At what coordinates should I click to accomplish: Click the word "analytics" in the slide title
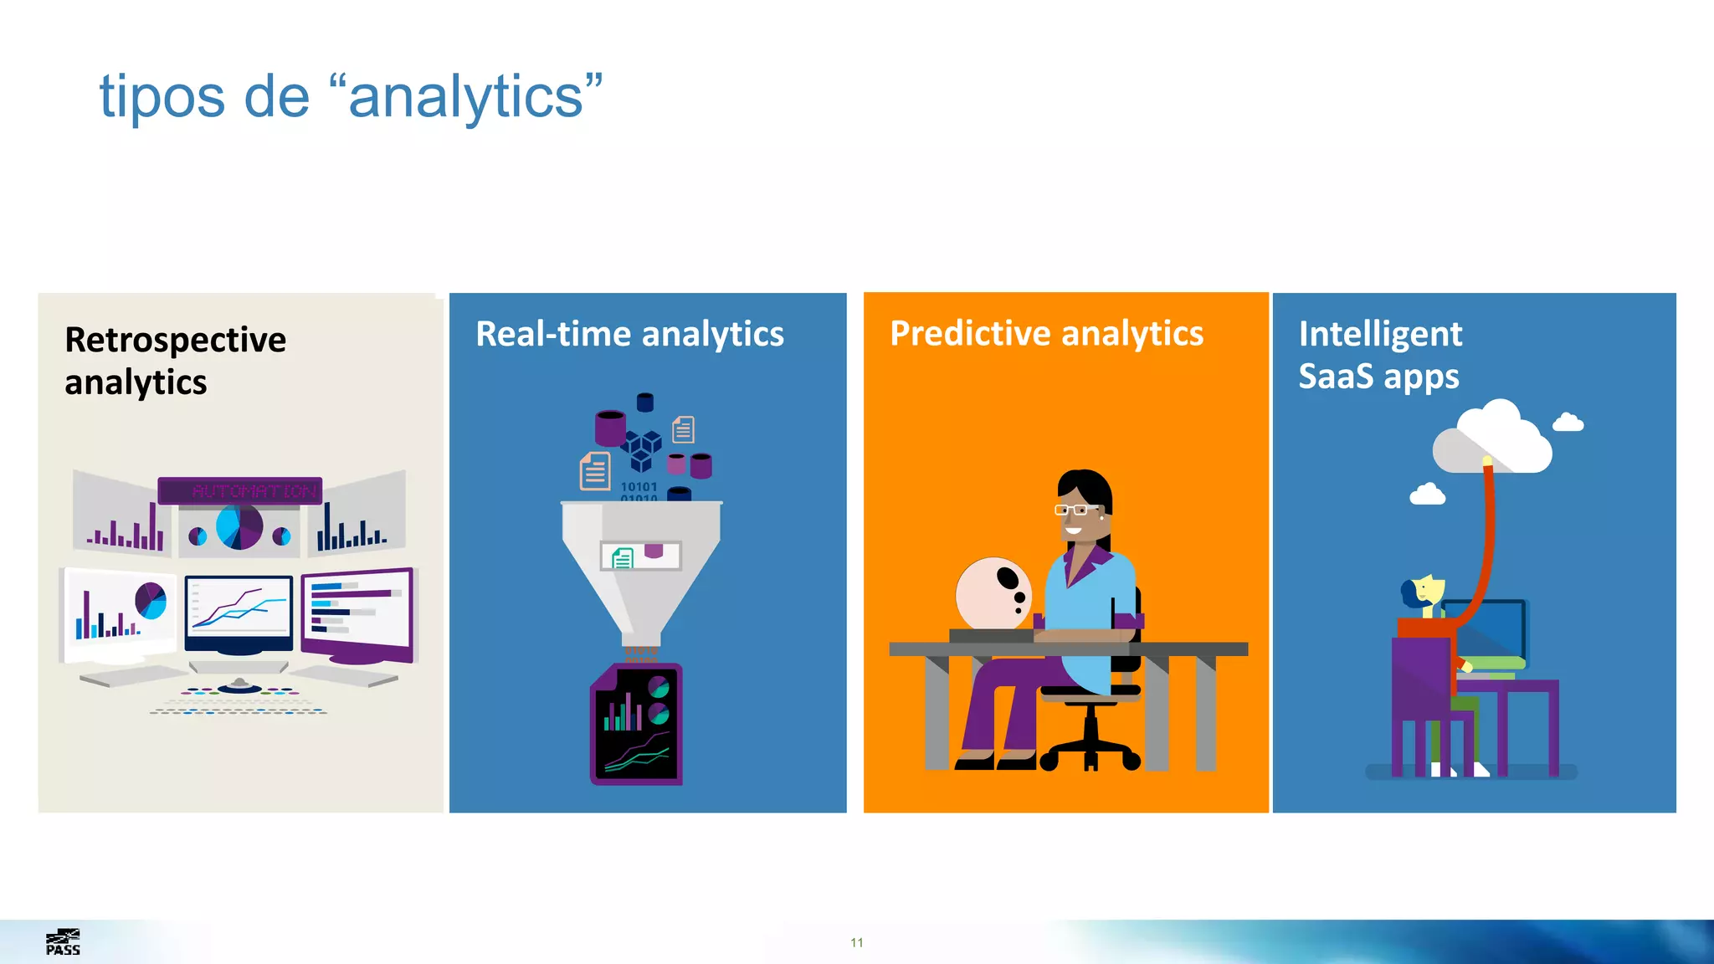point(465,98)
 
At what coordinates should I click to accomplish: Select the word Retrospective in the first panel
point(175,340)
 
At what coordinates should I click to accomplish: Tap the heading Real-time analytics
point(629,334)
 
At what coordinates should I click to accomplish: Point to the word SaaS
point(1336,377)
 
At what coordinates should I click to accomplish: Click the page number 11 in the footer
point(856,942)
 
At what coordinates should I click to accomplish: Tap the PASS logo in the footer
point(63,942)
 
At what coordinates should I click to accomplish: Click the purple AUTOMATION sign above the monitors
point(240,490)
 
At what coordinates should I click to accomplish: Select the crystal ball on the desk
point(993,593)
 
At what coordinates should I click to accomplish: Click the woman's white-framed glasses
point(1075,509)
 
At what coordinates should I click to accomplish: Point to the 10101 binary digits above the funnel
point(639,487)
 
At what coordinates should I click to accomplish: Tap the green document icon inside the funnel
point(622,557)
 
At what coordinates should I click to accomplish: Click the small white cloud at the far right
point(1568,423)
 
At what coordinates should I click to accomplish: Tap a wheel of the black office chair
point(1131,760)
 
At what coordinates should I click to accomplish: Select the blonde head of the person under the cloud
point(1426,591)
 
